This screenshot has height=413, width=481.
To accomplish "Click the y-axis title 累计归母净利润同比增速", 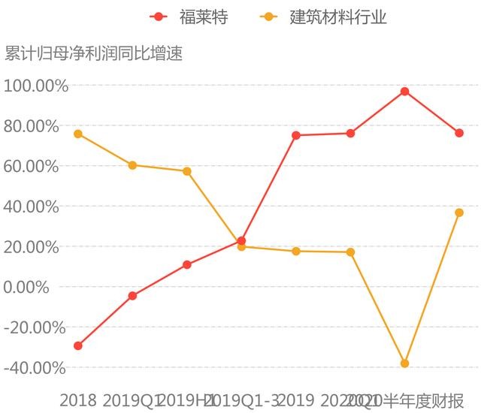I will pyautogui.click(x=94, y=54).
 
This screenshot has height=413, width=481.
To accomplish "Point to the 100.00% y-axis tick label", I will pyautogui.click(x=35, y=86).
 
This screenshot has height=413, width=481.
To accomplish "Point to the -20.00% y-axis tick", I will pyautogui.click(x=35, y=327).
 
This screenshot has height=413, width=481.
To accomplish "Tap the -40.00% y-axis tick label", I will pyautogui.click(x=35, y=368).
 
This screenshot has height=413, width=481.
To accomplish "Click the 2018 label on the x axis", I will pyautogui.click(x=78, y=400).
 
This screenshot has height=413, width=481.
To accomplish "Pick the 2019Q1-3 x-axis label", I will pyautogui.click(x=241, y=400).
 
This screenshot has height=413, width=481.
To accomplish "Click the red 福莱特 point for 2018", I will pyautogui.click(x=78, y=345).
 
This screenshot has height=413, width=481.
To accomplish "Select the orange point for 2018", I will pyautogui.click(x=78, y=134).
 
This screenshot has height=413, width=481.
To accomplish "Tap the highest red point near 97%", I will pyautogui.click(x=404, y=92).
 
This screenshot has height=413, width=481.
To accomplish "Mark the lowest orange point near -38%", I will pyautogui.click(x=404, y=363).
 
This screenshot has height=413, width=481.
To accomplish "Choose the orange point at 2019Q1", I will pyautogui.click(x=132, y=165).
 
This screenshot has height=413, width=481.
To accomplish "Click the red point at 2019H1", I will pyautogui.click(x=186, y=264).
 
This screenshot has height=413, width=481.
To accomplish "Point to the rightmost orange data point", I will pyautogui.click(x=458, y=213).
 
